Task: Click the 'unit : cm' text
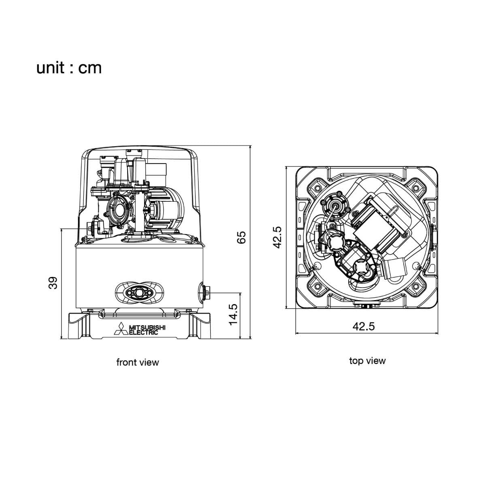click(69, 68)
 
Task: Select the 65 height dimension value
click(241, 237)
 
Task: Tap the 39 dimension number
click(53, 283)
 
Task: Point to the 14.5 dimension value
click(233, 314)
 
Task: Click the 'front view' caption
click(138, 362)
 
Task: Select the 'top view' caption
click(367, 361)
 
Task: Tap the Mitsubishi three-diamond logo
click(122, 328)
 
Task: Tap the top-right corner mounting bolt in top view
click(415, 188)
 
